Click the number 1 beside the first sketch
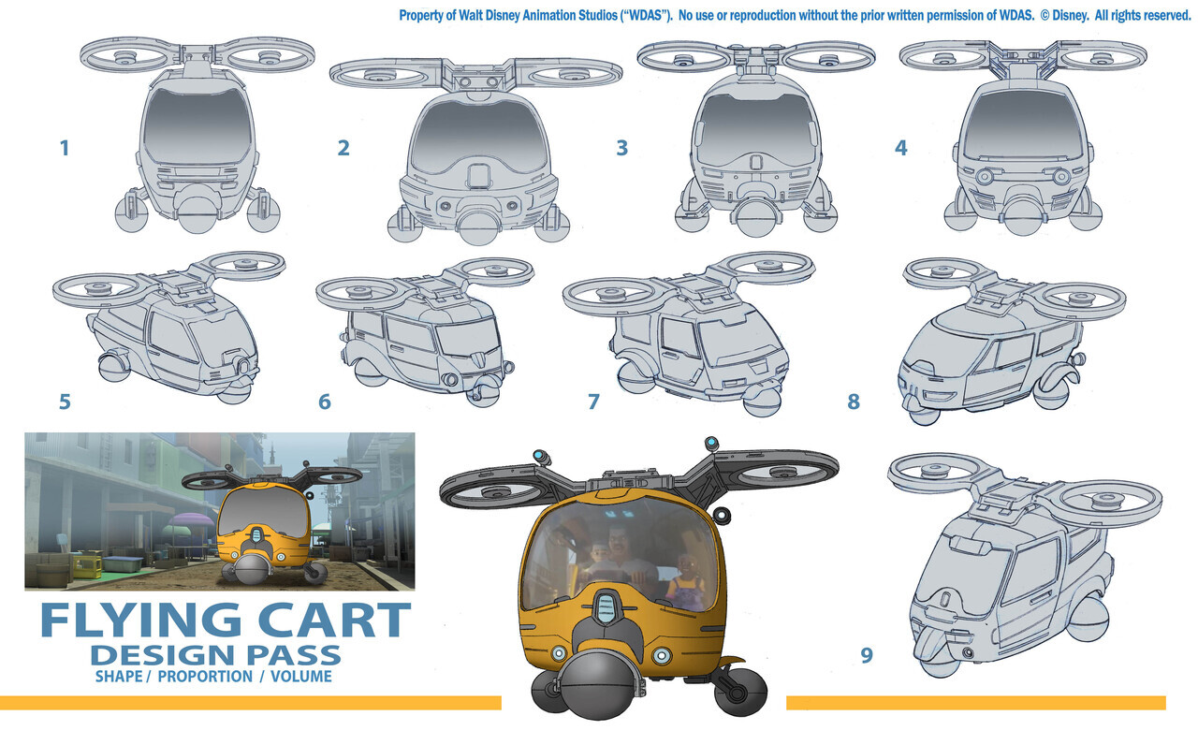[x=65, y=148]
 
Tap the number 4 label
[x=901, y=148]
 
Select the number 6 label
[x=325, y=402]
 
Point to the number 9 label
[x=867, y=655]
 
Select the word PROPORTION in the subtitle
[x=205, y=677]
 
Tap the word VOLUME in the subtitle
[x=301, y=677]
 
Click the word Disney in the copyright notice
[x=1070, y=16]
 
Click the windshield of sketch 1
[x=197, y=125]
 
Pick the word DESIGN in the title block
[x=158, y=656]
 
